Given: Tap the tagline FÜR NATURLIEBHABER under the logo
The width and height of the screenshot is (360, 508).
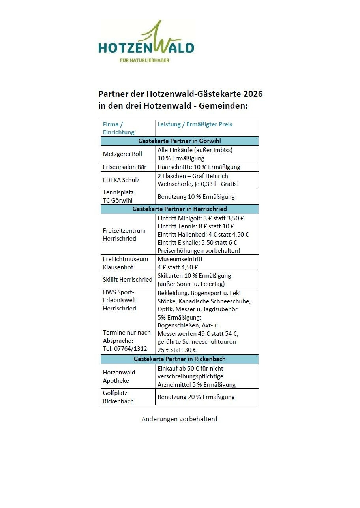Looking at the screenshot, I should [144, 60].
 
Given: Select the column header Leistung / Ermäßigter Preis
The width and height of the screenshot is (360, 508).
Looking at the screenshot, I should [195, 124].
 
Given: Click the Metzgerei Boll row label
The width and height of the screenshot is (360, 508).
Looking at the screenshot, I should [122, 154].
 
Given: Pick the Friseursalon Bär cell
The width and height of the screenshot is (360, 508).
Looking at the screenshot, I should [124, 167].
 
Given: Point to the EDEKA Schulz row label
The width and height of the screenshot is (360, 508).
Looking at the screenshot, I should [121, 180].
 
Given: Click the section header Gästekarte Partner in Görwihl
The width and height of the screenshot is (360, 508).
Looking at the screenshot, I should [180, 141].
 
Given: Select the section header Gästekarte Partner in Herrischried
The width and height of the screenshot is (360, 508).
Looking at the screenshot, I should [180, 209].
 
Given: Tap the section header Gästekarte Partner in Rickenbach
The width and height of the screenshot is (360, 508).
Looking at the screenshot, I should [180, 359].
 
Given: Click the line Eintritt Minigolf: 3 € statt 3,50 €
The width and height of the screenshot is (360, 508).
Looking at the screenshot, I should [201, 218].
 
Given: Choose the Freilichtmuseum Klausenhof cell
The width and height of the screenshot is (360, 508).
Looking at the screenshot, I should [126, 263].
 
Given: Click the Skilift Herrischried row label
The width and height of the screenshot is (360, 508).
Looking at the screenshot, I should [127, 280].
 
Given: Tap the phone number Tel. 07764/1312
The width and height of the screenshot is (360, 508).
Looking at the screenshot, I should [125, 349].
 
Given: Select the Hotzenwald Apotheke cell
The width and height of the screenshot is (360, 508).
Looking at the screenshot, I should [119, 376].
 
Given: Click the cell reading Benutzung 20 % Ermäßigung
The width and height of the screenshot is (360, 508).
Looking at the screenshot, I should [196, 397].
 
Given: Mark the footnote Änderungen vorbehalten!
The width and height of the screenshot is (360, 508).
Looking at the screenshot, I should [179, 419].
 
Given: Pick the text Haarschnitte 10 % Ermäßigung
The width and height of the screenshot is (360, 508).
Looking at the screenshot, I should [199, 167].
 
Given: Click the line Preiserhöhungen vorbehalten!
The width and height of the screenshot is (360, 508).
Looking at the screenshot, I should [199, 250].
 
